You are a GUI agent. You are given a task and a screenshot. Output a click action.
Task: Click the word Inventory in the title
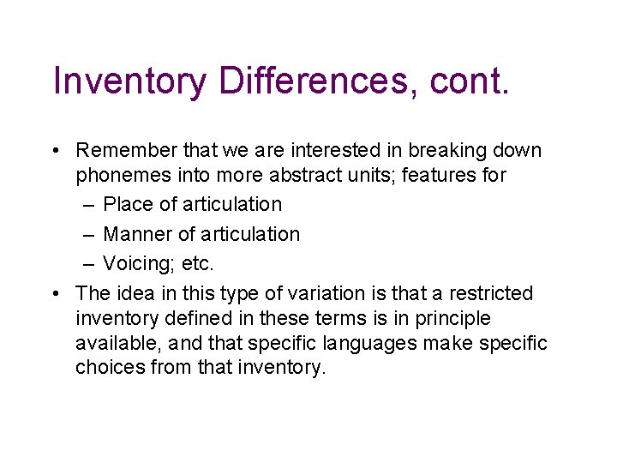tap(129, 81)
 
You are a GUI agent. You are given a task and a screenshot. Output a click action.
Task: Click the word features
tap(445, 176)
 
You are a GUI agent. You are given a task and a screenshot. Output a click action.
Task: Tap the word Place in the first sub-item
tap(123, 205)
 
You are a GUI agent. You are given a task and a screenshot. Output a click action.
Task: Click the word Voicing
tap(134, 264)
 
